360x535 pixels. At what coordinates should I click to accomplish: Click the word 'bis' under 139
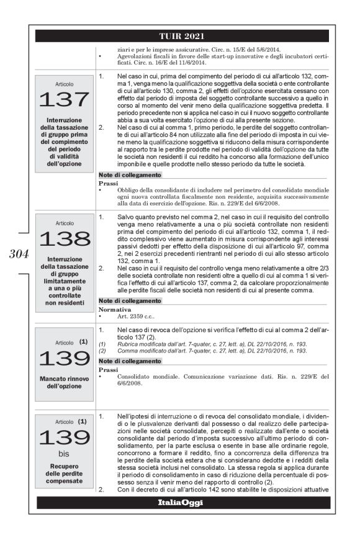pyautogui.click(x=65, y=454)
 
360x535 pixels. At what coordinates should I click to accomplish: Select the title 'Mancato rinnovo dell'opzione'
pyautogui.click(x=65, y=381)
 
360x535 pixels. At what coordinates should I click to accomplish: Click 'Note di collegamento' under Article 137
pyautogui.click(x=128, y=177)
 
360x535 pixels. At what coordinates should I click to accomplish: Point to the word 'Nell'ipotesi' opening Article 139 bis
pyautogui.click(x=129, y=413)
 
